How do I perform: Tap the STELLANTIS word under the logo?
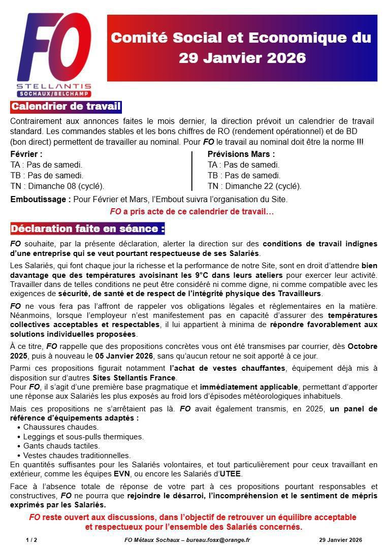[x=54, y=86]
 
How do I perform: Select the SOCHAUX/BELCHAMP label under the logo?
[x=54, y=94]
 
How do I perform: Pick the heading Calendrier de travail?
[x=66, y=107]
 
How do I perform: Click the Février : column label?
[x=26, y=154]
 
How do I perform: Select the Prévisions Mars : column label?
[x=241, y=154]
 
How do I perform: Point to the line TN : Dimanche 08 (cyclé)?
[x=57, y=186]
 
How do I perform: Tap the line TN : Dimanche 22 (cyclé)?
[x=254, y=186]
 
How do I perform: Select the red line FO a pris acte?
[x=192, y=211]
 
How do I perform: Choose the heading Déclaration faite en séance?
[x=88, y=229]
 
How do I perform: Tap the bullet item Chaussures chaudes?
[x=61, y=427]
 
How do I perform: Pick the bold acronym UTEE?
[x=230, y=474]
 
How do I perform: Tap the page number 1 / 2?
[x=31, y=540]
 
